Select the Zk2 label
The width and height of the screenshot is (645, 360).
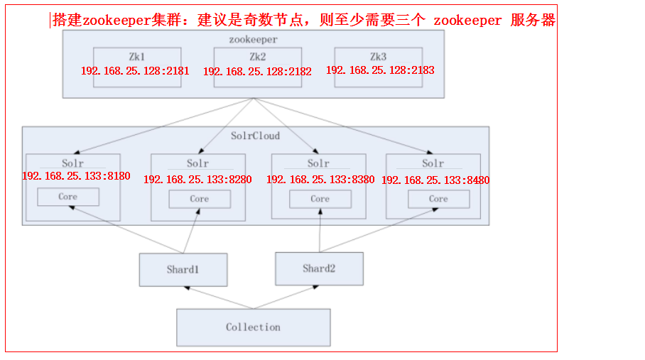[257, 55]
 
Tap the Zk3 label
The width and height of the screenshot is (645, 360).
[378, 55]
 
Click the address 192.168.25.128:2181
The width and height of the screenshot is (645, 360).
[136, 71]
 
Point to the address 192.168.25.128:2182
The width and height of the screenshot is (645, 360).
[257, 71]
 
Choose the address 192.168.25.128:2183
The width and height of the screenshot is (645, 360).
[380, 70]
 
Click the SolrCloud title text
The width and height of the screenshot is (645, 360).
[256, 136]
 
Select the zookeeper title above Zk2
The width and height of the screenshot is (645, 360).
[253, 40]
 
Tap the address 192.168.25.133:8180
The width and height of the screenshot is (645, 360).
[76, 176]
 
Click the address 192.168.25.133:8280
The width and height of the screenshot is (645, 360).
[197, 179]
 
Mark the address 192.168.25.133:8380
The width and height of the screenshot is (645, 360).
[320, 179]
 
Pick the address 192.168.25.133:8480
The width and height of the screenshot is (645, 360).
[435, 180]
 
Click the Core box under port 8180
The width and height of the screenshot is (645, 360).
[68, 197]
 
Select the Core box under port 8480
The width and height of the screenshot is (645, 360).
[438, 199]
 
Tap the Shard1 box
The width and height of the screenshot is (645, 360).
[183, 270]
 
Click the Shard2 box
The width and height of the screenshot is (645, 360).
[319, 268]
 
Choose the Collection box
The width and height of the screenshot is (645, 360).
[253, 327]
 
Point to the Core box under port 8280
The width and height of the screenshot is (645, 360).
[199, 199]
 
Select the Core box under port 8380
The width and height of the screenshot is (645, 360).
[320, 199]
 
